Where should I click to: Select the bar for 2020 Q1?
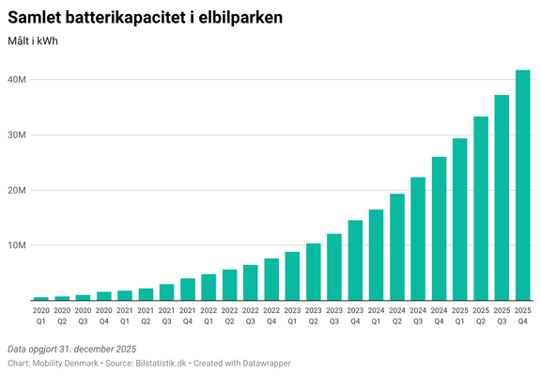(x=41, y=298)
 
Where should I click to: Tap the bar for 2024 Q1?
(x=376, y=255)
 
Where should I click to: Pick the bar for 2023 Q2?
(x=313, y=272)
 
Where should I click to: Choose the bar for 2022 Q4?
(x=271, y=279)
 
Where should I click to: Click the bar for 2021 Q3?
(x=166, y=292)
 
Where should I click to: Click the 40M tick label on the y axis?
(x=17, y=80)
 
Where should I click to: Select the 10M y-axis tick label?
(x=17, y=245)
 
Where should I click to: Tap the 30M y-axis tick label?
(x=17, y=135)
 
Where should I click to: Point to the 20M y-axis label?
(x=17, y=190)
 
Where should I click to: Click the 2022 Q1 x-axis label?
(x=209, y=315)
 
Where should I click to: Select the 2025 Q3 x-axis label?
(x=502, y=315)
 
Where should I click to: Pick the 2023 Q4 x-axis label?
(x=355, y=315)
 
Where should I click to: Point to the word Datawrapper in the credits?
(x=264, y=363)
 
